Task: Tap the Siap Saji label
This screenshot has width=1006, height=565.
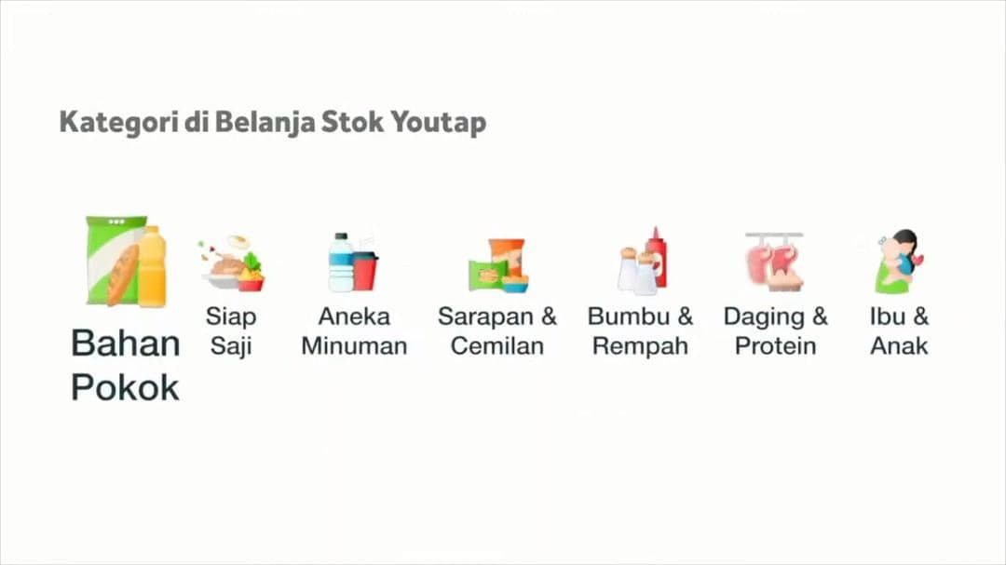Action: [231, 330]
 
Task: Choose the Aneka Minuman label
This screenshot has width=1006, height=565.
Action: [354, 330]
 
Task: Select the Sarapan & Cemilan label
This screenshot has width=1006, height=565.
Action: [497, 330]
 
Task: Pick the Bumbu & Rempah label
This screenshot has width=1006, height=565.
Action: [641, 330]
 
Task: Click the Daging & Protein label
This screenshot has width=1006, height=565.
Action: [775, 330]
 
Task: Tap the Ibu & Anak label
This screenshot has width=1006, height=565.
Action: [899, 330]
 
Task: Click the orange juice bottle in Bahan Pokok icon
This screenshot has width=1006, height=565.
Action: [152, 267]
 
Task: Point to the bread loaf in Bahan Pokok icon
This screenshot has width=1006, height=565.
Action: [122, 274]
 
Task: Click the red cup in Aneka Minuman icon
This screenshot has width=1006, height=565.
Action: [365, 271]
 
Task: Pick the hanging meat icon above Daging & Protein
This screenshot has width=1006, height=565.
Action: [774, 262]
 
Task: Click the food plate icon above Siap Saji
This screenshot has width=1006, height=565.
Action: [232, 264]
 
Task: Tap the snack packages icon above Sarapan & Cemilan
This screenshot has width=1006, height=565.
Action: [498, 265]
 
